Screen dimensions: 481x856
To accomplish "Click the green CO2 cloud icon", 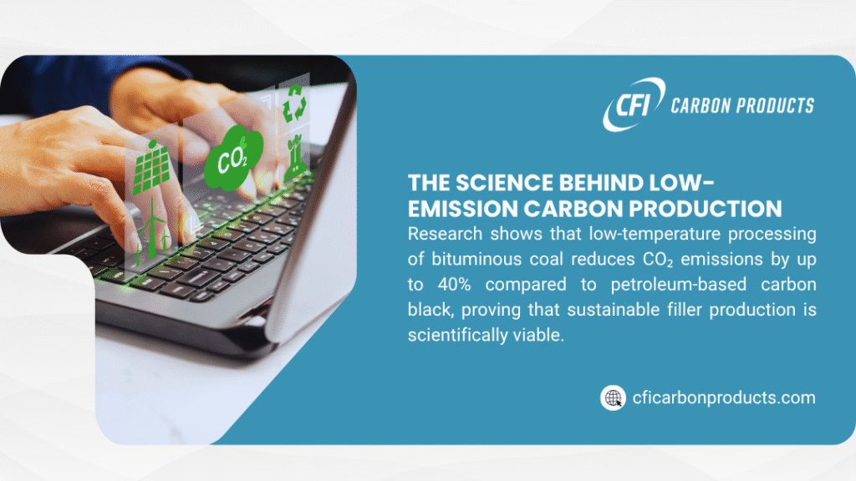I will click(x=233, y=159).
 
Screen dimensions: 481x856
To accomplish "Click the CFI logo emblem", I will click(x=633, y=104).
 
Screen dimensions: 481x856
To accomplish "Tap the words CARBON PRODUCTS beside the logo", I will click(x=742, y=105).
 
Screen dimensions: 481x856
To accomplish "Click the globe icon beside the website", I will click(x=614, y=397).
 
